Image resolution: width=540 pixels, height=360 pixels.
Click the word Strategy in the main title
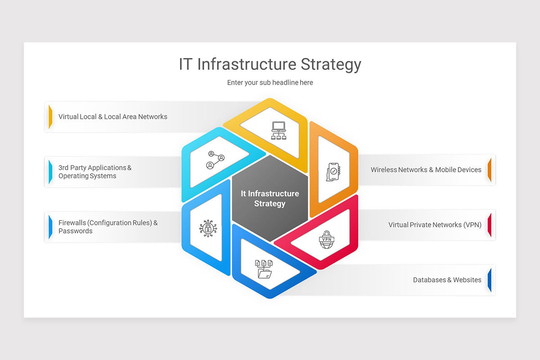(331, 64)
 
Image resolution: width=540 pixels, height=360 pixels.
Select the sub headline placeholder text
(270, 83)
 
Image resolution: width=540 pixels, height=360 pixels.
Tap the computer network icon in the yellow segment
(279, 130)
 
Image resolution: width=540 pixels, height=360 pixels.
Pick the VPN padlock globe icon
(325, 239)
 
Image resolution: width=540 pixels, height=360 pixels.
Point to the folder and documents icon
(264, 269)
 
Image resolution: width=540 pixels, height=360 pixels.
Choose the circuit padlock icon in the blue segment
(207, 228)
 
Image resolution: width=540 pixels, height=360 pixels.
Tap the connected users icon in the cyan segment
(216, 160)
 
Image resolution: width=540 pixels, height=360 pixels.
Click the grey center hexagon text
(270, 198)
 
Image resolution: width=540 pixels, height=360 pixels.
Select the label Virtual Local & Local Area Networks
(113, 117)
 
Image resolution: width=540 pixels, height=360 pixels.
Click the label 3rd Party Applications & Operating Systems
(95, 172)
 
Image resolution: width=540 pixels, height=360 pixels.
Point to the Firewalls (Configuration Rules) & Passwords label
(108, 227)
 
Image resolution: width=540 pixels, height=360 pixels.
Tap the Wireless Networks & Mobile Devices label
(426, 170)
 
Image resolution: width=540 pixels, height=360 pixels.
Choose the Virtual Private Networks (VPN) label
(435, 225)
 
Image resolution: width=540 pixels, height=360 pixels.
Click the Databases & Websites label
(447, 280)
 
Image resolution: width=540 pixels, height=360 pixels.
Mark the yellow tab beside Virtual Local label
(50, 117)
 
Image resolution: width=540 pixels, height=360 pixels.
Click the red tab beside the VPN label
(490, 225)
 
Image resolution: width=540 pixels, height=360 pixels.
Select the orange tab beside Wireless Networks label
(490, 170)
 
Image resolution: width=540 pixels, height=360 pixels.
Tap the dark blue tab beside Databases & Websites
(490, 280)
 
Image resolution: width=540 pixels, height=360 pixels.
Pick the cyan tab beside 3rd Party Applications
(50, 172)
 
